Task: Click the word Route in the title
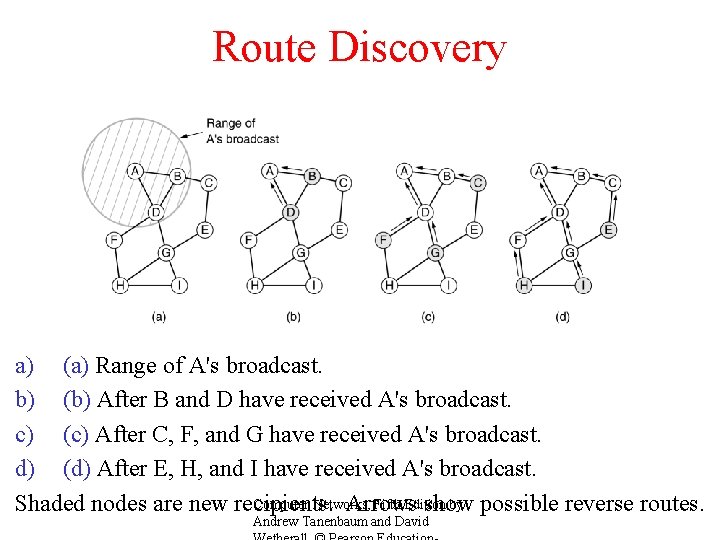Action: [x=264, y=48]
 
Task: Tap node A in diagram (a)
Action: [x=135, y=171]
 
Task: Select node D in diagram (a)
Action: [x=156, y=212]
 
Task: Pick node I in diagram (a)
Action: [x=180, y=285]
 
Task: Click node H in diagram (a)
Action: [x=120, y=285]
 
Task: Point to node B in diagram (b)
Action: [x=312, y=176]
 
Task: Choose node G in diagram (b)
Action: [x=301, y=252]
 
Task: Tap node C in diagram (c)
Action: [x=478, y=182]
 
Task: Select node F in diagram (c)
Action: [x=384, y=239]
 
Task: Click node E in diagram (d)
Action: [x=608, y=230]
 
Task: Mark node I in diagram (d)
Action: [x=584, y=285]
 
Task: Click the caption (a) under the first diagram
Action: [x=159, y=317]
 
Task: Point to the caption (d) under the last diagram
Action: [x=563, y=317]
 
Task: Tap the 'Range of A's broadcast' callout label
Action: [x=242, y=131]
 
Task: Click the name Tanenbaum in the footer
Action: [x=353, y=521]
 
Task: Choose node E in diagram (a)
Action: [x=205, y=230]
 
